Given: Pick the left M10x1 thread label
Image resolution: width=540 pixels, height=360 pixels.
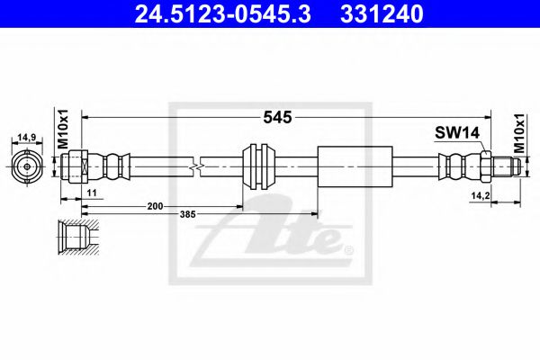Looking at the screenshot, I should tap(63, 128).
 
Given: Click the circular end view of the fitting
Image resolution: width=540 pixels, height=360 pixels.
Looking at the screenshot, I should tap(28, 166).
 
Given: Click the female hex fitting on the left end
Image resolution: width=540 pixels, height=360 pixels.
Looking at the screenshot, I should tap(76, 166).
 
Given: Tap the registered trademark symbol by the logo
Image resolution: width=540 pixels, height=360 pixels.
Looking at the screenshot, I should tap(349, 248).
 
